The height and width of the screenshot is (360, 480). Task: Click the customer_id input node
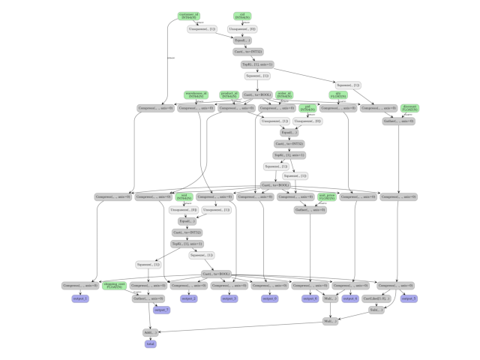189,16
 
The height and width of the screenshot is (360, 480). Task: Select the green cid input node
242,16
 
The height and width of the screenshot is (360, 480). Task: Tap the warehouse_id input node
195,95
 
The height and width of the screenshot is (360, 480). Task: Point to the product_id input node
229,95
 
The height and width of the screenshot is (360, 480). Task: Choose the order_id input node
284,95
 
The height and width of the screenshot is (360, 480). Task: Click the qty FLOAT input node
338,95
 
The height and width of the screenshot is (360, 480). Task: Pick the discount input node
409,108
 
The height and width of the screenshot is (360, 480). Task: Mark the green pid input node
307,109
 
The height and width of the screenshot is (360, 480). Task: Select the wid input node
184,196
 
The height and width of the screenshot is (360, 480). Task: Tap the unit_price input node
326,196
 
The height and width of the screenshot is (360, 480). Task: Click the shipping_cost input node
114,286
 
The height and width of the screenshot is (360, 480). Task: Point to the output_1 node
80,298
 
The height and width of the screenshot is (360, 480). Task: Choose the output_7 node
161,310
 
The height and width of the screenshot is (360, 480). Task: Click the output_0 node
269,298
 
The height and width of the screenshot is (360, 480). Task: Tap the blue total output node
151,344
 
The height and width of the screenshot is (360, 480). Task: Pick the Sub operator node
376,310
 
